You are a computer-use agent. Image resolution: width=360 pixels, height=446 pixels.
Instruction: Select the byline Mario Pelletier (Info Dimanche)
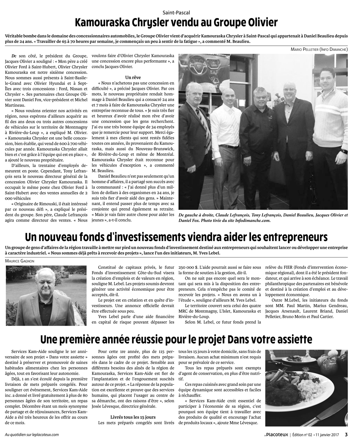(x=319, y=49)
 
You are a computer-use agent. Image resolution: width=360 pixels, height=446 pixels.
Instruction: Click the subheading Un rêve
(x=133, y=77)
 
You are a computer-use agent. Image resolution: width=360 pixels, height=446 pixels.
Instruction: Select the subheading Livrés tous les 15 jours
(x=133, y=417)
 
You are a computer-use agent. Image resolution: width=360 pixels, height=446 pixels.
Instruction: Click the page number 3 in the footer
(x=346, y=434)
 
